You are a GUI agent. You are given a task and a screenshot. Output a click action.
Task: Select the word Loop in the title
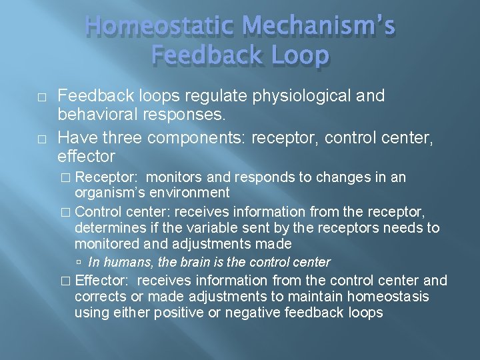(297, 56)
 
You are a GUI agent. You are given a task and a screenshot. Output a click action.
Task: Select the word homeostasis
(387, 296)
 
